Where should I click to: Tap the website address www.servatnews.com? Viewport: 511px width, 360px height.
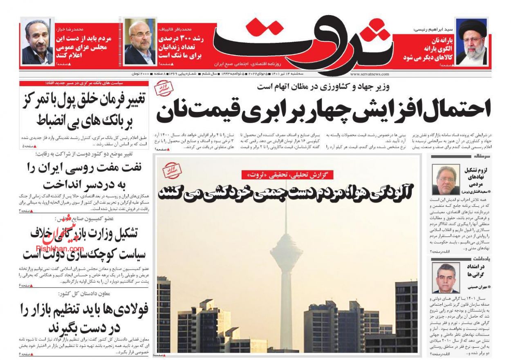(370, 74)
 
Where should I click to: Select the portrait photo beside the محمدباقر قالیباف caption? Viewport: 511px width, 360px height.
(139, 42)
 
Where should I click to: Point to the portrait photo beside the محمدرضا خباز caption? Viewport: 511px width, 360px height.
(37, 42)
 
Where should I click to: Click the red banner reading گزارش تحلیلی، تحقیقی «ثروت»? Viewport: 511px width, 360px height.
(287, 175)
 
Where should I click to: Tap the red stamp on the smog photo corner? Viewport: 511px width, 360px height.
(172, 170)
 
